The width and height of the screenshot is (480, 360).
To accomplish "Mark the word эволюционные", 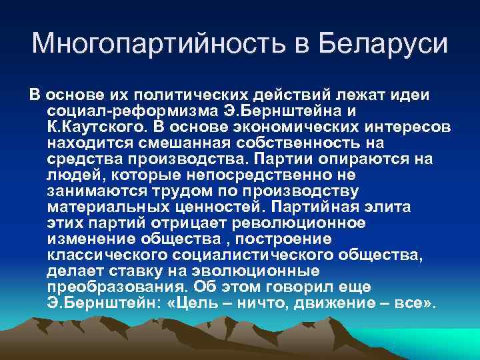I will [x=259, y=271].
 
